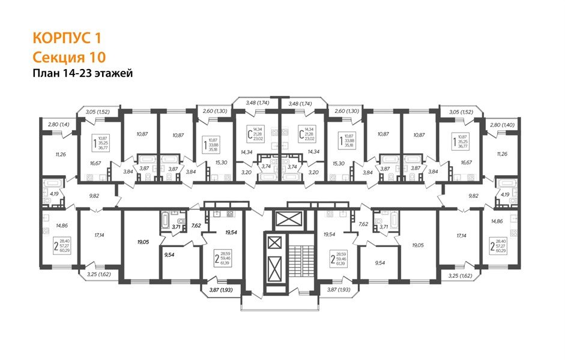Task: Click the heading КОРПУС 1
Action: (67, 38)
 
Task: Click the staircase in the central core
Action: (303, 259)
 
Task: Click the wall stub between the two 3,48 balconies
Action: (279, 102)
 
